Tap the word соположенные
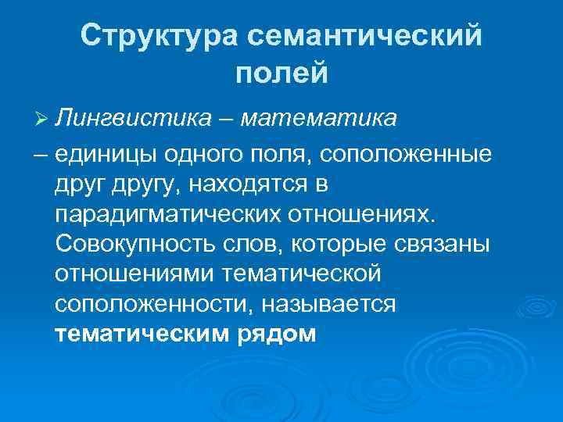click(x=407, y=154)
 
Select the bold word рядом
click(x=274, y=334)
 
